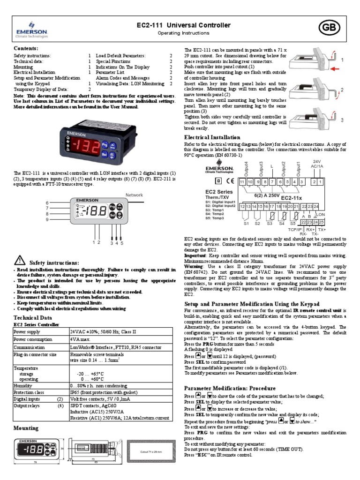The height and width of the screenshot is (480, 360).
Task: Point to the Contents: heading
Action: [26, 48]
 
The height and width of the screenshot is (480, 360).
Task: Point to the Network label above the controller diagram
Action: [134, 194]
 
